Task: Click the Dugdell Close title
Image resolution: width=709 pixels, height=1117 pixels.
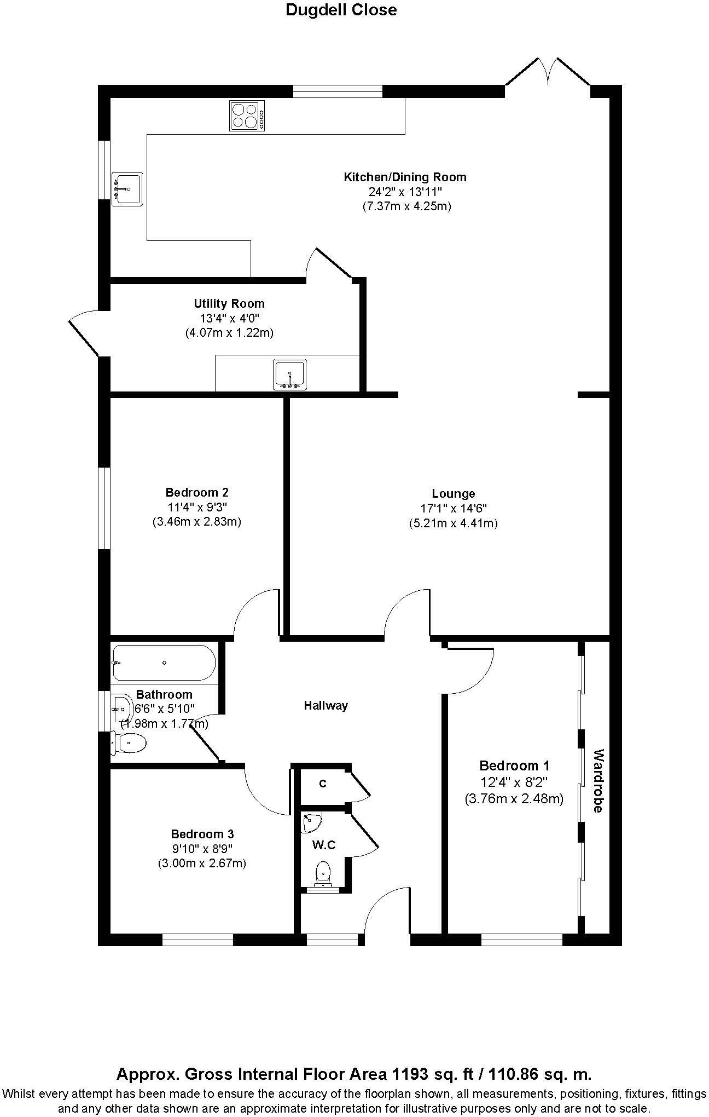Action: click(x=341, y=10)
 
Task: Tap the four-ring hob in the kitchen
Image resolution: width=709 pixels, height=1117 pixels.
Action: click(x=247, y=116)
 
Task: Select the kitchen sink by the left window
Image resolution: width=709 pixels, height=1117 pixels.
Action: click(x=126, y=188)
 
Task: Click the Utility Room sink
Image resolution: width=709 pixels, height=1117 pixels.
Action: click(x=289, y=375)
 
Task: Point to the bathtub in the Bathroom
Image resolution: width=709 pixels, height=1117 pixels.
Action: click(x=164, y=663)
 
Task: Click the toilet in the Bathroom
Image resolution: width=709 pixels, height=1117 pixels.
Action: click(x=129, y=743)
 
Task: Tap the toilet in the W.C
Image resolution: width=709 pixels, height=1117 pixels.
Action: click(x=324, y=872)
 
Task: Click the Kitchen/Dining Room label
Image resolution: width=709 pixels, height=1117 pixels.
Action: click(x=405, y=177)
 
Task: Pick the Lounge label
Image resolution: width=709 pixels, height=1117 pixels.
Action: click(x=453, y=493)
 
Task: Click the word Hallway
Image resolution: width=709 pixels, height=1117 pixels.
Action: click(x=326, y=705)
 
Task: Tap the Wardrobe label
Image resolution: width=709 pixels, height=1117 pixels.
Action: click(x=598, y=780)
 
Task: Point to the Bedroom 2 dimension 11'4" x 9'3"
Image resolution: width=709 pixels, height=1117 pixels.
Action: click(x=197, y=506)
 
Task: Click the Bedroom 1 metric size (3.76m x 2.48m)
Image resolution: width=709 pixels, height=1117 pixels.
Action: click(x=514, y=799)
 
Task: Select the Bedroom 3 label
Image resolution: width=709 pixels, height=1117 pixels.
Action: click(x=202, y=834)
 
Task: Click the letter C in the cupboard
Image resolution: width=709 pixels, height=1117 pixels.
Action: click(x=323, y=784)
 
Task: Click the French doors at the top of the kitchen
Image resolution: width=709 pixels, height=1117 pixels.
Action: click(x=548, y=71)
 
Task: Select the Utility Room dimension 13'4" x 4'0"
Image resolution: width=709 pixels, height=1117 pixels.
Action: click(x=229, y=318)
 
